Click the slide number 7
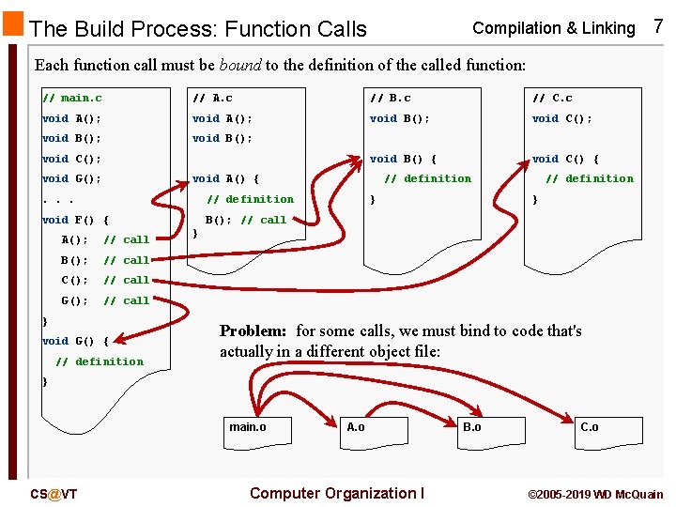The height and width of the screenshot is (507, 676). pos(657,26)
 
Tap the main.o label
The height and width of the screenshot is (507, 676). pos(248,427)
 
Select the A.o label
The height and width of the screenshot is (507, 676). pos(356,427)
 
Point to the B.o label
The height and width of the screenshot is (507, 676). pos(471,427)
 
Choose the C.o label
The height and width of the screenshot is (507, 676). pos(589,427)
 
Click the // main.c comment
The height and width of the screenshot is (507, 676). pos(72,98)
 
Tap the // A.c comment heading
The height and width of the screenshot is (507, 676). pos(212,98)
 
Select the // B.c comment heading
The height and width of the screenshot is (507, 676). pos(391,98)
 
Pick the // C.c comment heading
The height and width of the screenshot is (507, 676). pos(552,98)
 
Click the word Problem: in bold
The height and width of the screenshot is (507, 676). pos(253,330)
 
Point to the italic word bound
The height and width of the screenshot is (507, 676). pos(239,66)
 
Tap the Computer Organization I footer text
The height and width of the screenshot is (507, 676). pos(337,494)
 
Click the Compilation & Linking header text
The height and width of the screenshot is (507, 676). pos(554,28)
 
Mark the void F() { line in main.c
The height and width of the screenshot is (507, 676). pos(76,220)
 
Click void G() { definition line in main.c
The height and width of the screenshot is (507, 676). pos(76,341)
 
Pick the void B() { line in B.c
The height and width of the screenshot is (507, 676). pos(404,159)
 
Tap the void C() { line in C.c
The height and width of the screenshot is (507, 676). pos(565,159)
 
